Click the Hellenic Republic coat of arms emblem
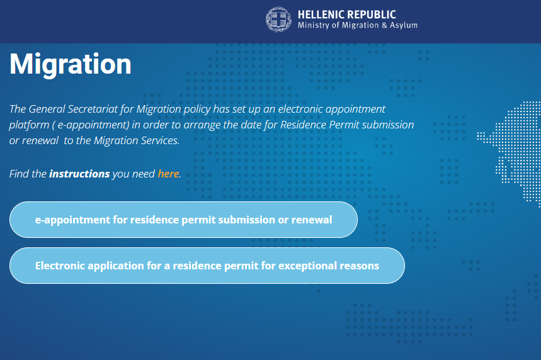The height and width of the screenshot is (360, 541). pos(279,20)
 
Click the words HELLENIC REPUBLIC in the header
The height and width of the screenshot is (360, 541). pos(347,14)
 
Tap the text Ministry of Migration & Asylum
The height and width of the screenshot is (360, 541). pos(358,25)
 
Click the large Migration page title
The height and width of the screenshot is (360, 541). pos(71,64)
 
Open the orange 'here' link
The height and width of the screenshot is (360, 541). pos(168,174)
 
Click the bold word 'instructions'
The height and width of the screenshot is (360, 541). pos(79,174)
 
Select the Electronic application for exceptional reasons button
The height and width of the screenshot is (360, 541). pos(207,266)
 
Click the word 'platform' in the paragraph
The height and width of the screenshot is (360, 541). pos(29,125)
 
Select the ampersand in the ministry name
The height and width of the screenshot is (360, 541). pos(384,25)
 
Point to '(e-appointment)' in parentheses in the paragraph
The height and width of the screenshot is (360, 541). pos(91,125)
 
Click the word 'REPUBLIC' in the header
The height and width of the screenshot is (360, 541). pos(371,14)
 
